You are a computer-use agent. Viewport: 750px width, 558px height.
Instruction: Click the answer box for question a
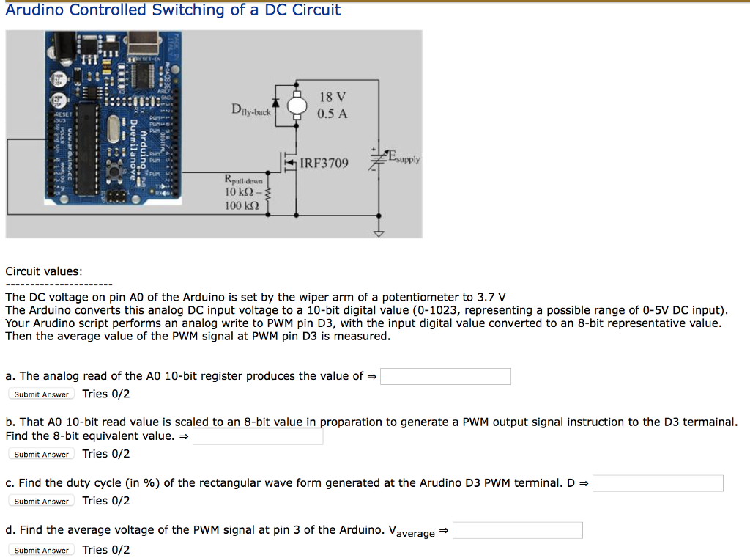click(x=445, y=376)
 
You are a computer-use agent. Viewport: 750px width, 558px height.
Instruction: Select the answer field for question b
click(x=258, y=436)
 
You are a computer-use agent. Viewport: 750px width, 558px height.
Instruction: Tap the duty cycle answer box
click(x=658, y=483)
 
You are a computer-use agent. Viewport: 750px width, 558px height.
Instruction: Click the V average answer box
click(x=517, y=530)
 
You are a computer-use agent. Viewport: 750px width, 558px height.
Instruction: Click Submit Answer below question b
click(x=42, y=455)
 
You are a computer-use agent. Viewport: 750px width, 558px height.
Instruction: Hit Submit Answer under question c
click(x=42, y=502)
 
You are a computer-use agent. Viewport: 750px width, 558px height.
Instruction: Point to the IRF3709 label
click(x=324, y=163)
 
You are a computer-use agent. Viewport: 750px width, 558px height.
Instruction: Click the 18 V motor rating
click(x=333, y=98)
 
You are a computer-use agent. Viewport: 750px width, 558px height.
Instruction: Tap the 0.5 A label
click(x=333, y=114)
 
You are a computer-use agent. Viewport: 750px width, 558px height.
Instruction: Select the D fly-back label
click(x=250, y=111)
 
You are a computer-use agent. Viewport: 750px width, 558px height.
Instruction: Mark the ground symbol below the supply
click(x=379, y=234)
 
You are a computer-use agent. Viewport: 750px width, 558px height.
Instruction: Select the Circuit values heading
click(x=44, y=271)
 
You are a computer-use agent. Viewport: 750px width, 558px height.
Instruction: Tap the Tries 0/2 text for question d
click(x=106, y=550)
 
